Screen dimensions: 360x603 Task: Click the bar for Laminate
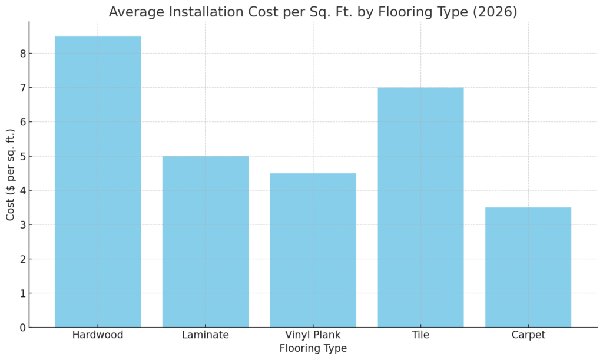click(x=206, y=242)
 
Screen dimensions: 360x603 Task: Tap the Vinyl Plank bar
click(x=313, y=250)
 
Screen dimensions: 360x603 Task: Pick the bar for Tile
click(x=420, y=207)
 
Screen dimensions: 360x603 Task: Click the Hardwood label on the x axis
click(x=98, y=335)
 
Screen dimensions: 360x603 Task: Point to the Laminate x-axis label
click(x=206, y=335)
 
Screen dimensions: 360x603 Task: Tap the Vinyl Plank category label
click(x=313, y=335)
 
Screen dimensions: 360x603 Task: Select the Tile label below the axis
click(x=420, y=335)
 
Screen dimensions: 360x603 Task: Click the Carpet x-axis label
click(x=528, y=335)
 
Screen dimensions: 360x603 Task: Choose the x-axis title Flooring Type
click(x=313, y=349)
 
